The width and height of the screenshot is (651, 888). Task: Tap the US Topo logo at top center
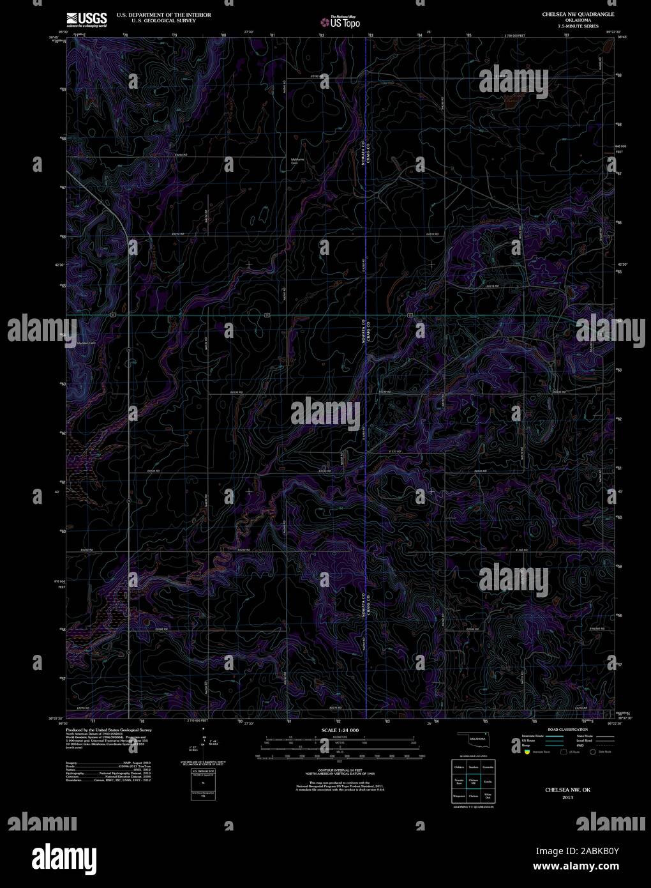(341, 22)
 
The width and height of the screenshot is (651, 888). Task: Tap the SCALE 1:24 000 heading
(340, 730)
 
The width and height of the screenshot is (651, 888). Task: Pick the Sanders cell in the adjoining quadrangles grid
(474, 766)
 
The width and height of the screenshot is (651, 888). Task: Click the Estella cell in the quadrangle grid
(488, 781)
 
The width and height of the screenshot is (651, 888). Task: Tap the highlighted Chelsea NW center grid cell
(474, 781)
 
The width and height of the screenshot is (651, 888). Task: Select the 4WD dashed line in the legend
(602, 746)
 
